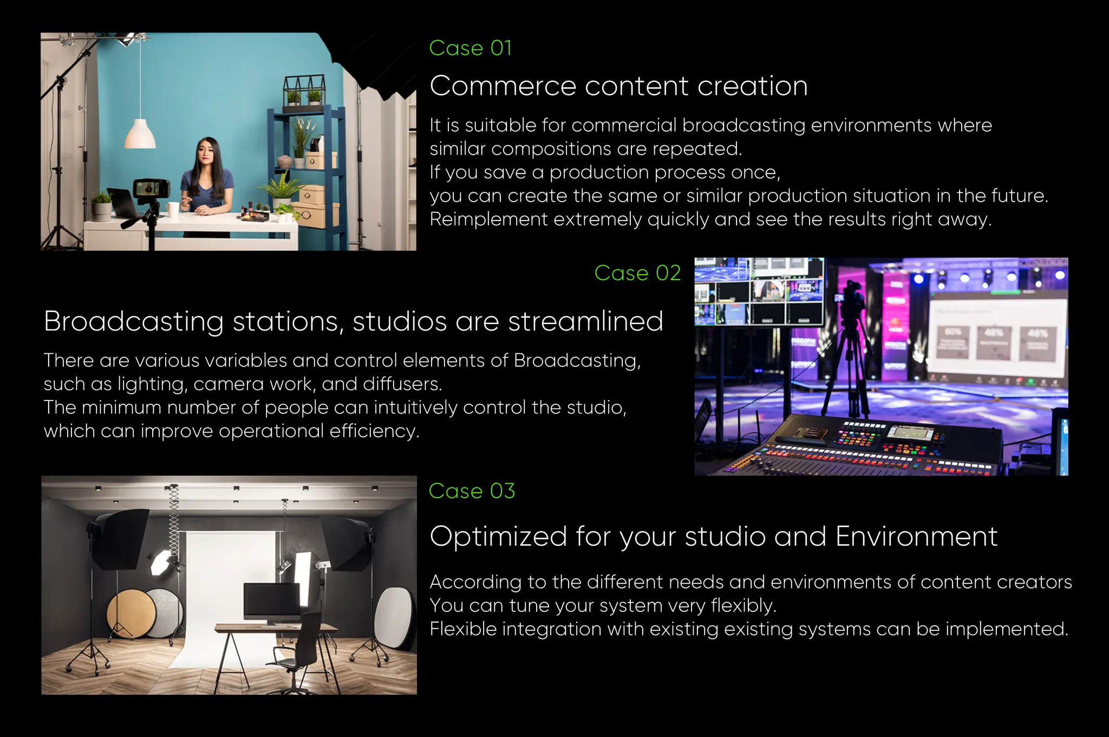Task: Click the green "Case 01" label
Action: (x=470, y=48)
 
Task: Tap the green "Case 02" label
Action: (x=637, y=273)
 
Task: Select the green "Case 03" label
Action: (x=472, y=491)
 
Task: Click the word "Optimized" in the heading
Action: (x=498, y=536)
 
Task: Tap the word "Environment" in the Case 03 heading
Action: (x=916, y=536)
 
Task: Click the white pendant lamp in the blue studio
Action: (x=140, y=134)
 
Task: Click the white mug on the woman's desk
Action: (x=172, y=209)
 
